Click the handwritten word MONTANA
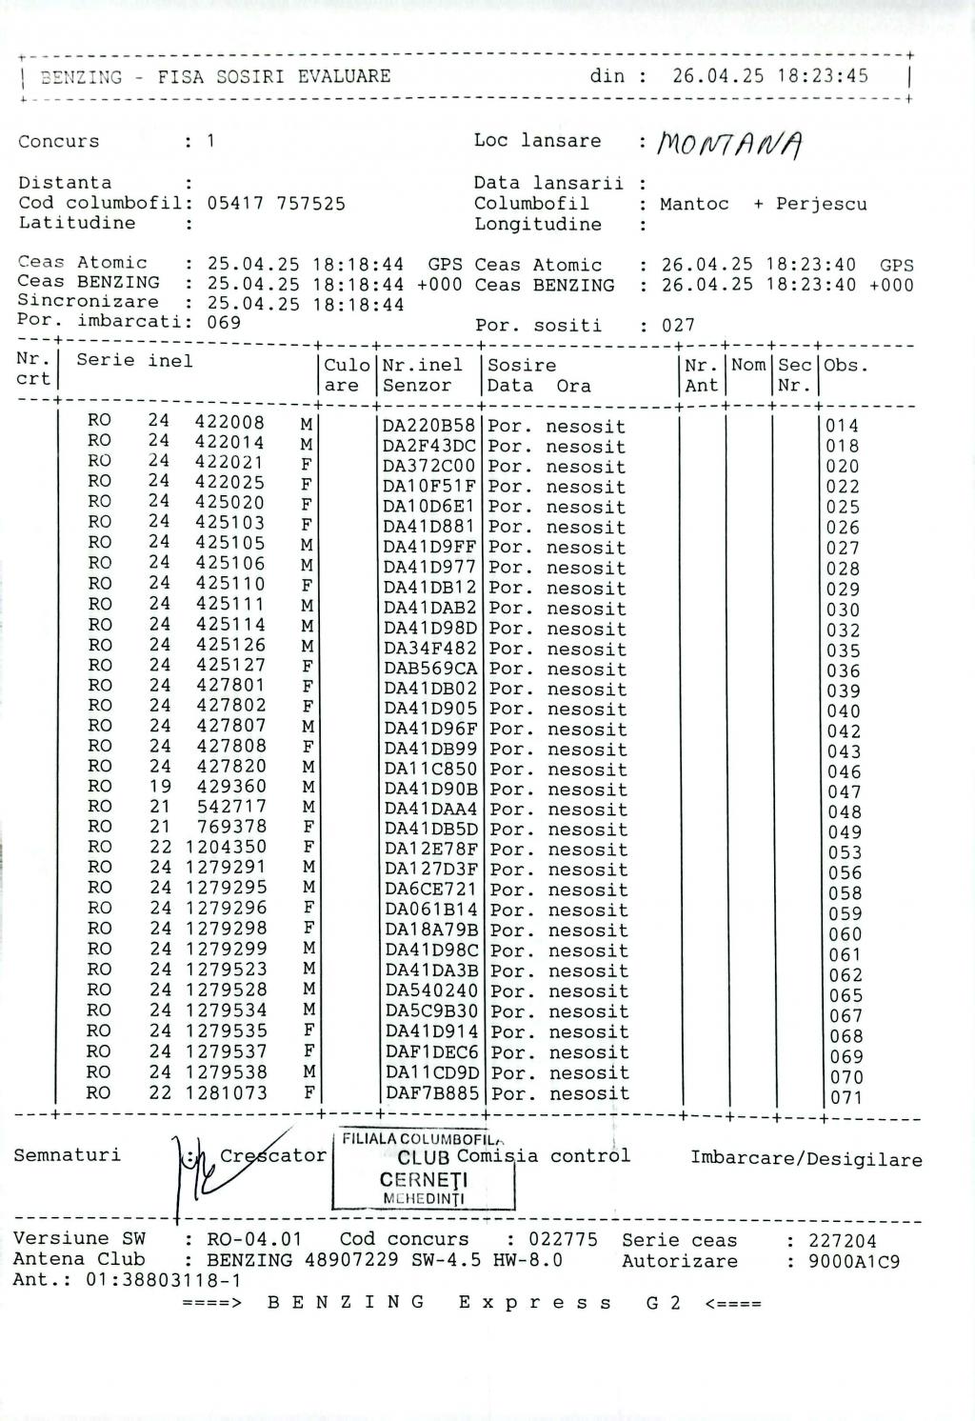click(x=732, y=145)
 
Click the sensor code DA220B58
click(x=428, y=426)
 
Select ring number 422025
click(x=230, y=483)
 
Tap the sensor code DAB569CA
click(x=430, y=670)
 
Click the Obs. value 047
click(x=844, y=791)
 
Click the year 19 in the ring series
click(x=160, y=787)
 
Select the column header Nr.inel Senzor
click(x=423, y=375)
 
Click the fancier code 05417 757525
click(x=276, y=203)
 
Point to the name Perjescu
click(x=822, y=204)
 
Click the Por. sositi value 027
click(x=679, y=326)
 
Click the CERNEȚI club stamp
click(x=423, y=1171)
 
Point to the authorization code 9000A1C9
click(x=854, y=1261)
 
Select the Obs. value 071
click(x=846, y=1097)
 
